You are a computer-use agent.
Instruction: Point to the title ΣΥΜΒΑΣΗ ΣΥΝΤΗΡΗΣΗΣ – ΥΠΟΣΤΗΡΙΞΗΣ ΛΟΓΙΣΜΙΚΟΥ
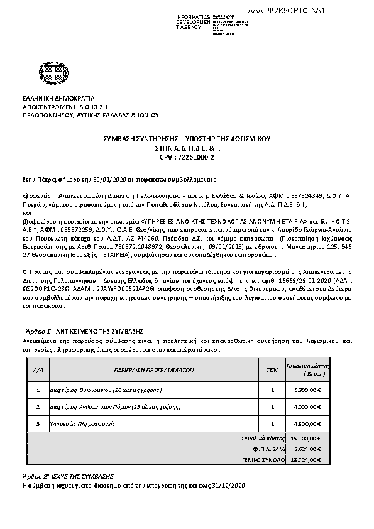click(x=187, y=139)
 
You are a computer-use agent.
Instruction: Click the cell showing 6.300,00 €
click(x=308, y=390)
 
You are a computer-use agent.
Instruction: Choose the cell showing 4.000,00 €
click(x=308, y=407)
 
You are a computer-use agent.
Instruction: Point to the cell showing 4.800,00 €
click(x=308, y=425)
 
